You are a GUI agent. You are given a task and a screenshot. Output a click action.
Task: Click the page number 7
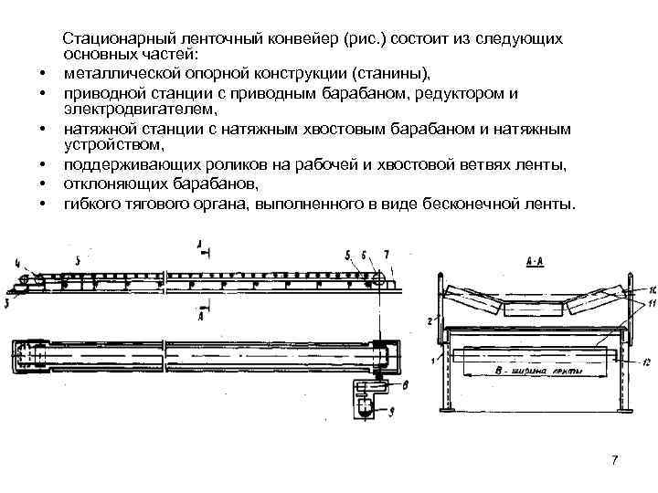(x=614, y=459)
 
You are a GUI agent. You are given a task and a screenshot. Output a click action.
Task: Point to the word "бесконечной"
(x=448, y=204)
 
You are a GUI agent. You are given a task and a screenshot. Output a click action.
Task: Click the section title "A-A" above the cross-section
(x=536, y=259)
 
